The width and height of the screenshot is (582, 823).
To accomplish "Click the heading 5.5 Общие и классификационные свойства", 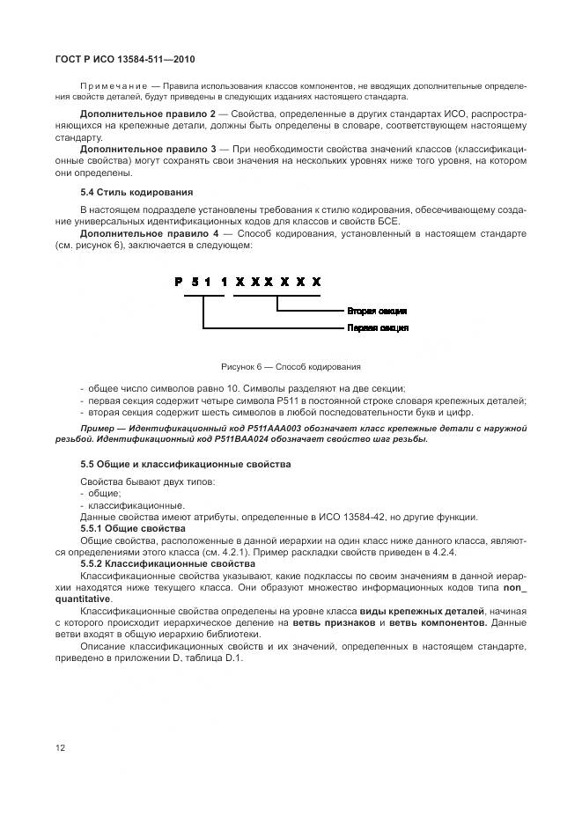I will [x=186, y=464].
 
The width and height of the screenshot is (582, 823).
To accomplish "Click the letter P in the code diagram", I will [x=178, y=281].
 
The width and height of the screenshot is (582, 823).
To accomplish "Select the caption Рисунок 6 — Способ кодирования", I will [x=291, y=367].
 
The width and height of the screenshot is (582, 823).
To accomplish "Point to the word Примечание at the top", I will [x=108, y=86].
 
